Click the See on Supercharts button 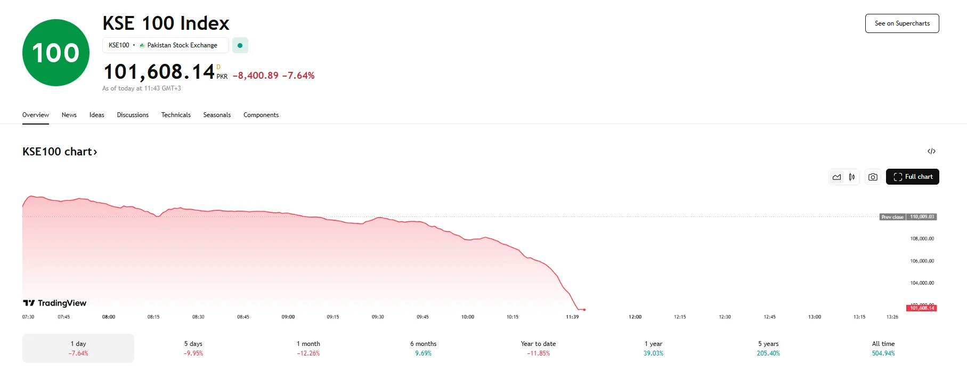[902, 23]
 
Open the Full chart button [913, 177]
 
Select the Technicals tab [176, 115]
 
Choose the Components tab [261, 115]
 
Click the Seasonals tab [217, 115]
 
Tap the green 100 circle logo [56, 53]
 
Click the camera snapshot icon [873, 177]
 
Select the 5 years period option [768, 348]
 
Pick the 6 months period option [423, 348]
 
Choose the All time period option [883, 348]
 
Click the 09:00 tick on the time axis [288, 317]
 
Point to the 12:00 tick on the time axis [635, 317]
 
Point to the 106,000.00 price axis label [922, 261]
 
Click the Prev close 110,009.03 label [908, 217]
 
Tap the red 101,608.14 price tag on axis [921, 308]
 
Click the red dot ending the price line [584, 310]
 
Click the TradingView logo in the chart [55, 303]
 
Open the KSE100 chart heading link [60, 152]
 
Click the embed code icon [931, 151]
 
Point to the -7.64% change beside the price [298, 76]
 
